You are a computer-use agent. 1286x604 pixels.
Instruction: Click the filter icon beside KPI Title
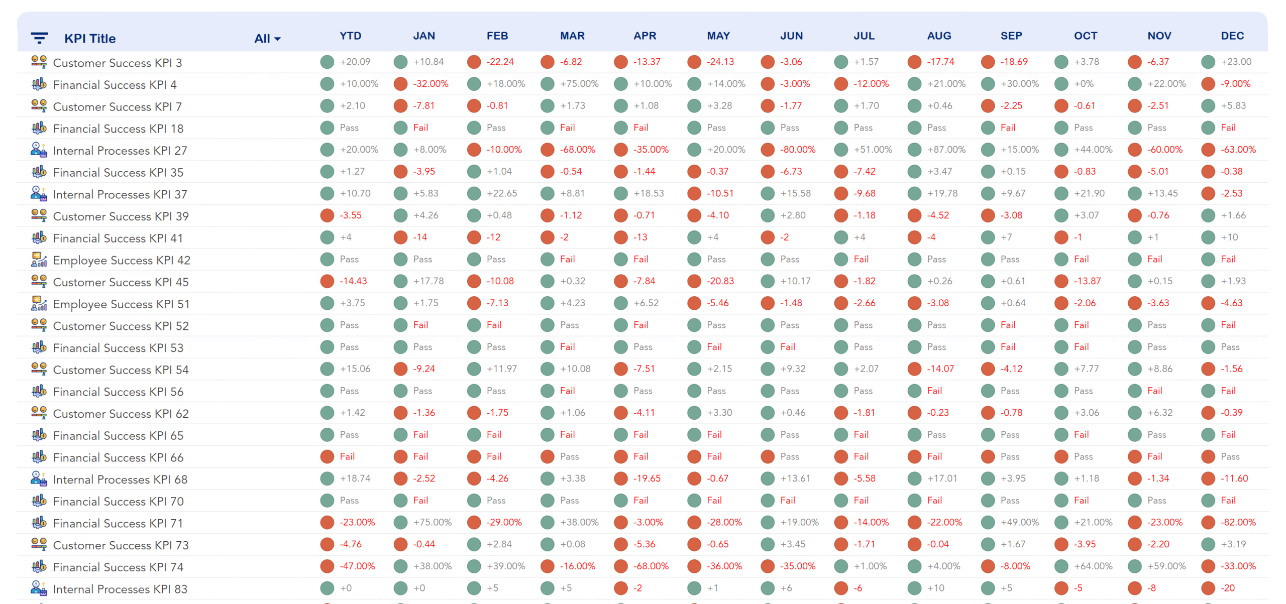(39, 38)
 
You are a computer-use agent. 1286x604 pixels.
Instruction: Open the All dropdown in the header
(267, 39)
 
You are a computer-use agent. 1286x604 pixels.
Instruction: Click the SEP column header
(1011, 36)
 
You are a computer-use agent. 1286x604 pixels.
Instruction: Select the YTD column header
(350, 36)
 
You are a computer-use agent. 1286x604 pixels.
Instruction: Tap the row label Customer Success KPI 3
(117, 63)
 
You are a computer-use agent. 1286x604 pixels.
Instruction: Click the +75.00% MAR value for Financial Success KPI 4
(579, 84)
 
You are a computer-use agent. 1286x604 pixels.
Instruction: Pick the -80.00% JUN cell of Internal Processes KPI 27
(797, 150)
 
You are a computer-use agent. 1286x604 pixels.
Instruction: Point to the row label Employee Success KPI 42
(121, 260)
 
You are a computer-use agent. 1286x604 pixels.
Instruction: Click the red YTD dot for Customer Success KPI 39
(327, 215)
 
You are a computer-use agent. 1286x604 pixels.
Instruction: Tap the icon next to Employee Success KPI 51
(39, 304)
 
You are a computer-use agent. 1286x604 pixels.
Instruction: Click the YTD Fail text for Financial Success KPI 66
(347, 456)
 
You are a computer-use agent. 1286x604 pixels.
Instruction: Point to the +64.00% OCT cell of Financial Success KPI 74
(1093, 566)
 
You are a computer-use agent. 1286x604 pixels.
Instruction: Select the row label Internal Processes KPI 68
(120, 479)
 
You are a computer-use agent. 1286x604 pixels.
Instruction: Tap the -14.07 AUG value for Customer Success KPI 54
(940, 369)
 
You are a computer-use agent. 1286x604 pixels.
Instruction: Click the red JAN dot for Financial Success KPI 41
(400, 237)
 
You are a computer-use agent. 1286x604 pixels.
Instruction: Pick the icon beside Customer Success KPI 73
(39, 545)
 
